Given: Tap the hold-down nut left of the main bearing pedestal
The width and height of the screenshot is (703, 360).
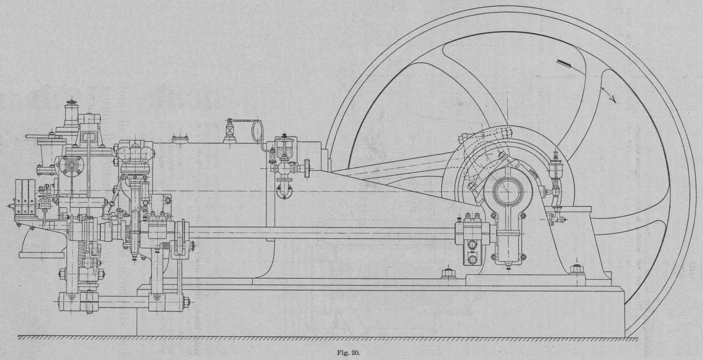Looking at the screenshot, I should tap(447, 273).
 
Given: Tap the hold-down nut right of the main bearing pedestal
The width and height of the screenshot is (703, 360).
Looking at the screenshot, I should tap(576, 269).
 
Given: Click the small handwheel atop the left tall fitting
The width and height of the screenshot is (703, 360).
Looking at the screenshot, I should tap(70, 105).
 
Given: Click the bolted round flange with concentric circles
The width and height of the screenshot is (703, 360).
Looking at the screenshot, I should tap(71, 166).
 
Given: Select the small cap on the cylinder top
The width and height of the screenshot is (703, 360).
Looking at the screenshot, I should tap(180, 140).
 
